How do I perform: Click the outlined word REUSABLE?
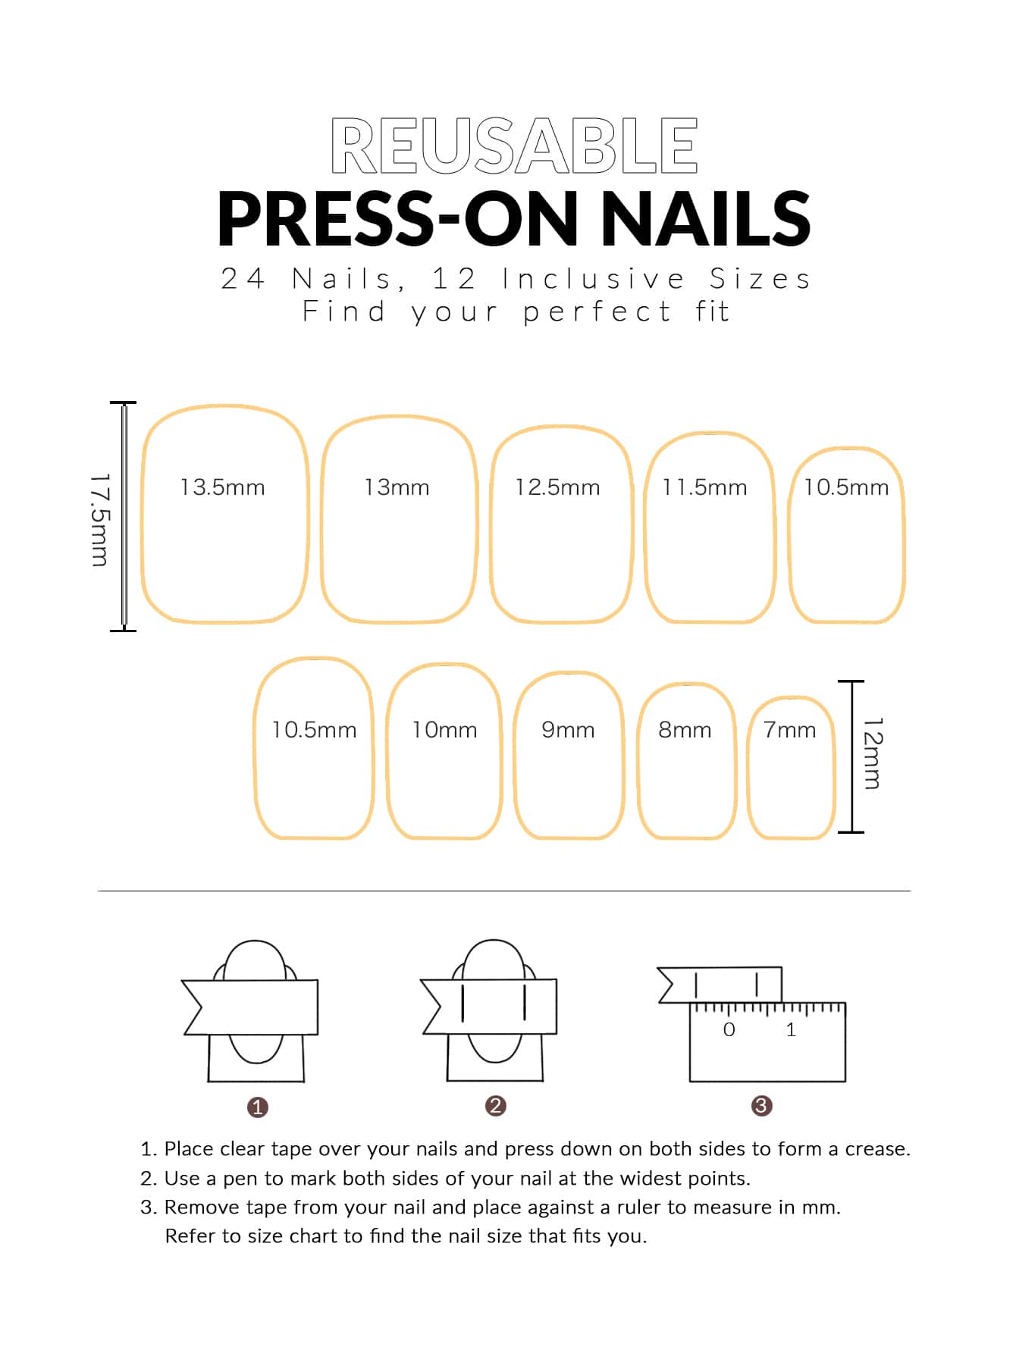(x=514, y=146)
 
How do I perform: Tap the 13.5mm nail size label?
(x=222, y=487)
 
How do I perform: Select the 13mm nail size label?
(x=397, y=487)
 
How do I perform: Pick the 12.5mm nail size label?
(x=557, y=487)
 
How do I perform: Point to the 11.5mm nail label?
(x=704, y=487)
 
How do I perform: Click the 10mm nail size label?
(x=444, y=730)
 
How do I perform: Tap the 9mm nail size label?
(x=568, y=730)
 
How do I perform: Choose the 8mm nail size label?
(x=685, y=730)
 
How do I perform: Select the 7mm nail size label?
(x=789, y=730)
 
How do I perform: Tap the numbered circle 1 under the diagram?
(x=258, y=1107)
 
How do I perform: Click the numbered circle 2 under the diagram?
(x=495, y=1106)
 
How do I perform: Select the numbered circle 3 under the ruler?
(x=761, y=1106)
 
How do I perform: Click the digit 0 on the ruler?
(x=729, y=1029)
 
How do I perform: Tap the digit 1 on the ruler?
(x=791, y=1029)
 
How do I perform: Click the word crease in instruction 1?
(x=876, y=1149)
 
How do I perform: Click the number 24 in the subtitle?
(x=243, y=279)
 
